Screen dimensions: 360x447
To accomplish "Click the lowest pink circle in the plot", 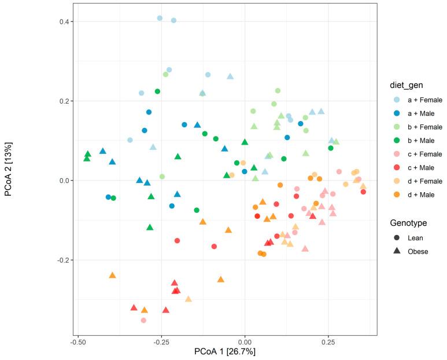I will click(x=143, y=320).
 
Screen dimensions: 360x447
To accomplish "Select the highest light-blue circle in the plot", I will click(x=160, y=18).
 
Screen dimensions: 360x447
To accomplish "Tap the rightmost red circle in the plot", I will click(x=363, y=192).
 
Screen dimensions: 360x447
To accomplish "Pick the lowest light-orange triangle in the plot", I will click(x=188, y=299).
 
